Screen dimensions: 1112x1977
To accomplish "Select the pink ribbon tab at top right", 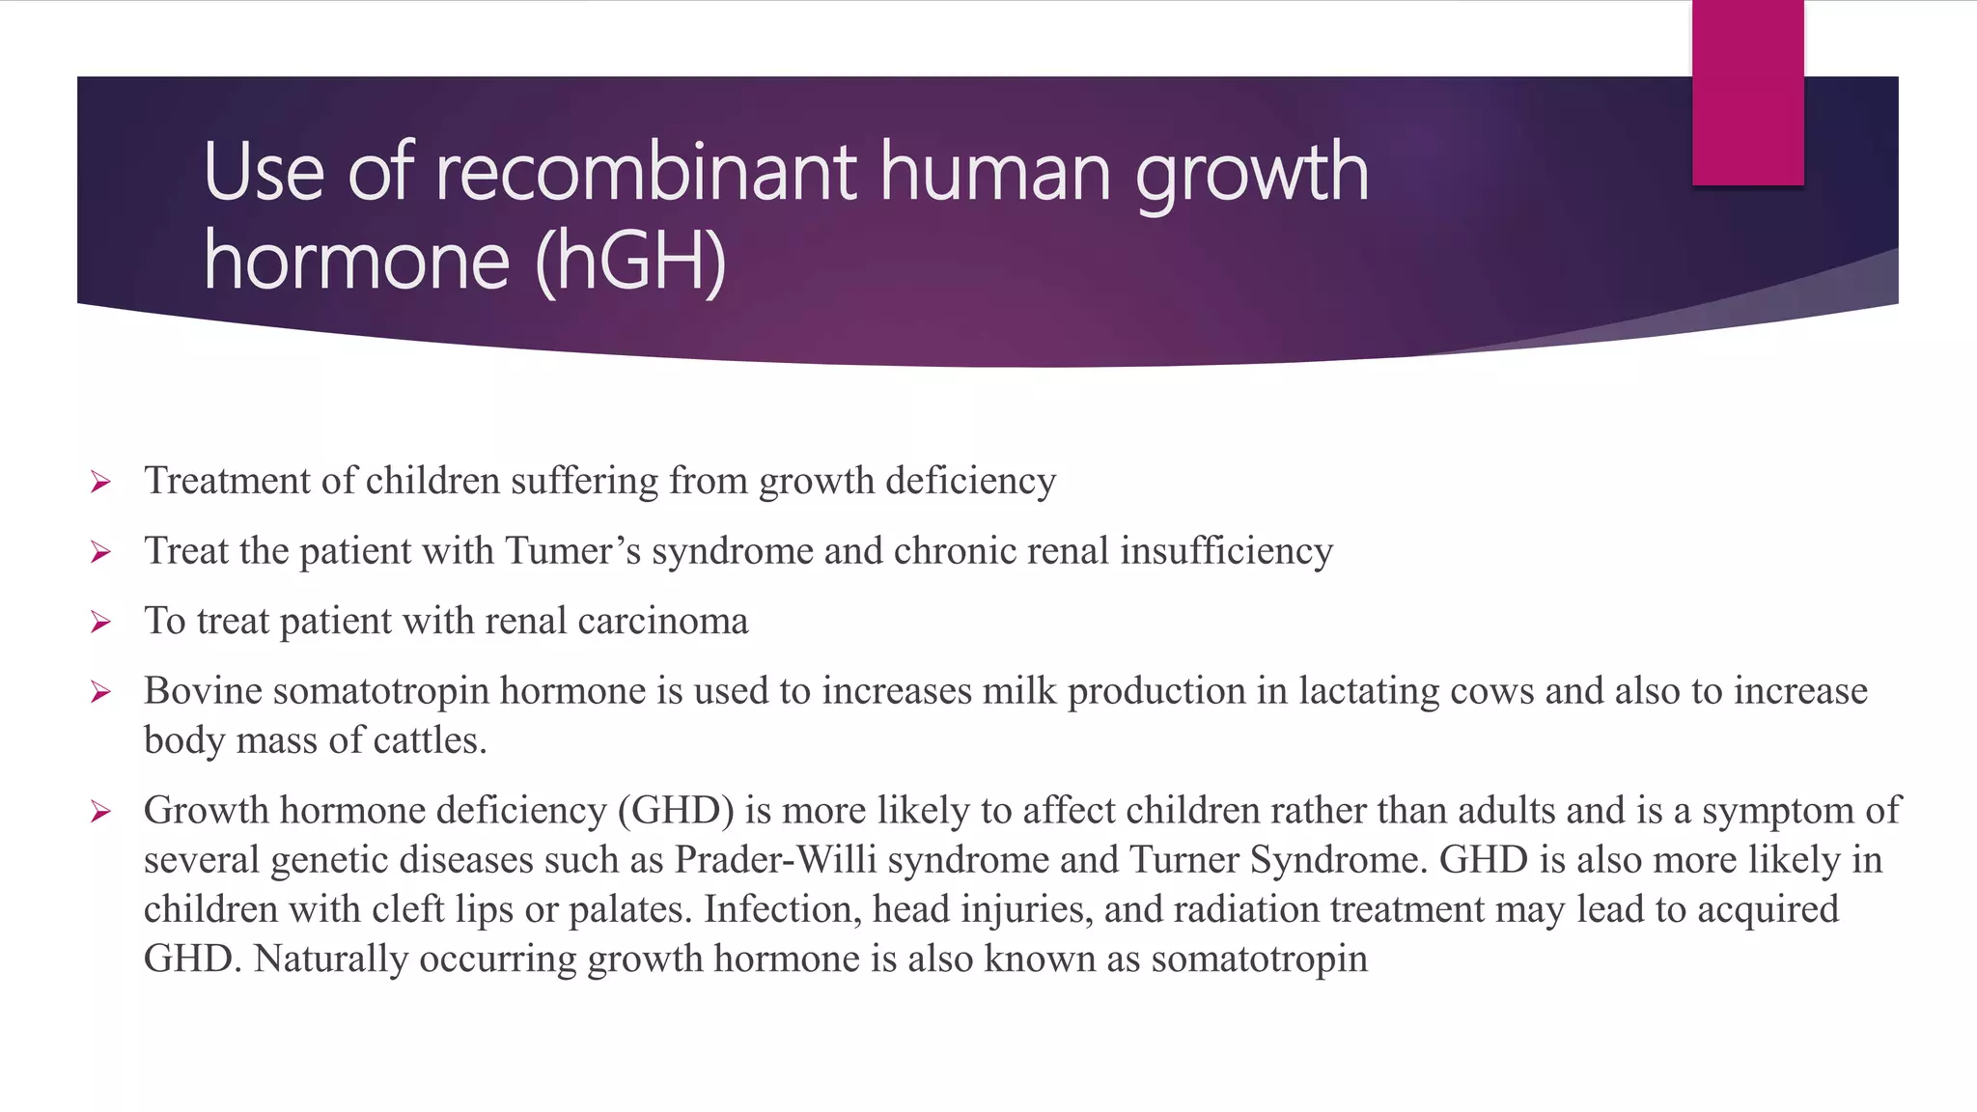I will (x=1747, y=93).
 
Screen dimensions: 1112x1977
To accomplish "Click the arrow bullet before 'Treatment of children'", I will (x=100, y=482).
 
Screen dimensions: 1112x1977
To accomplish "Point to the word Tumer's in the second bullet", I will (x=572, y=550).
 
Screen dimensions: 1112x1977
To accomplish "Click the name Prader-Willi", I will (x=775, y=860).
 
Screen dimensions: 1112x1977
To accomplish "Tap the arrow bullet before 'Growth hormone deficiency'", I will (x=100, y=812).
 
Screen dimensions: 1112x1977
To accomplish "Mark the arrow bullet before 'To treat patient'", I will (x=100, y=622).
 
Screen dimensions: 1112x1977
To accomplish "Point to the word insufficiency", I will (x=1226, y=550).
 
